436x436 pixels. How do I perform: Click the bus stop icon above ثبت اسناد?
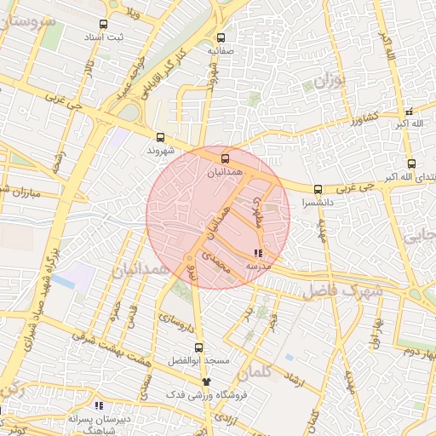click(x=103, y=25)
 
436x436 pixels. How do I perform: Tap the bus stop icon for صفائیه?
click(x=221, y=37)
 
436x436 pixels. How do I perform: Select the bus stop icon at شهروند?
click(x=161, y=137)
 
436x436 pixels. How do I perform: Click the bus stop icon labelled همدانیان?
click(x=225, y=158)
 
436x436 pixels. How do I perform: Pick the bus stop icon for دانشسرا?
click(x=318, y=190)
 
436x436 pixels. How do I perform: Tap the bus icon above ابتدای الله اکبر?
click(x=411, y=163)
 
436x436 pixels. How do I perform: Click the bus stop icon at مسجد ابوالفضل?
click(x=199, y=347)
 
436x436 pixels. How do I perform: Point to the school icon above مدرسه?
click(x=258, y=253)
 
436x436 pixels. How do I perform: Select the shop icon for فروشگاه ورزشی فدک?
click(x=205, y=381)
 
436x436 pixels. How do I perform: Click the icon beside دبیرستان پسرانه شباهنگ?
click(x=99, y=405)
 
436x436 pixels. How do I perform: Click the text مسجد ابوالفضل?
click(x=199, y=360)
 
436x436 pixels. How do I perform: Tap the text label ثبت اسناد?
click(x=102, y=37)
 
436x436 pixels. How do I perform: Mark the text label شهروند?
click(x=160, y=150)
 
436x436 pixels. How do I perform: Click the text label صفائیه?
click(x=221, y=51)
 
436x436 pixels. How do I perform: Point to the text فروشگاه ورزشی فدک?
click(x=205, y=395)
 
